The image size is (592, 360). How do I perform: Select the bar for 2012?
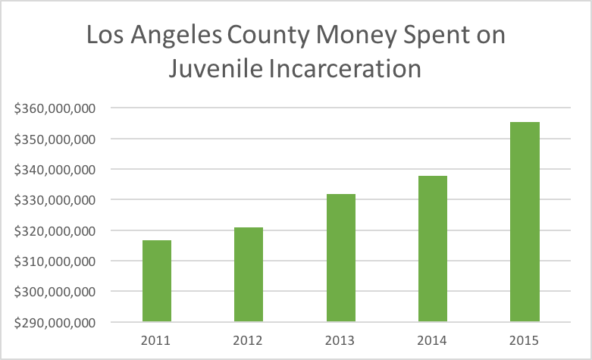[x=249, y=274]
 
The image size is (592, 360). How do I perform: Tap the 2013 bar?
[x=341, y=258]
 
